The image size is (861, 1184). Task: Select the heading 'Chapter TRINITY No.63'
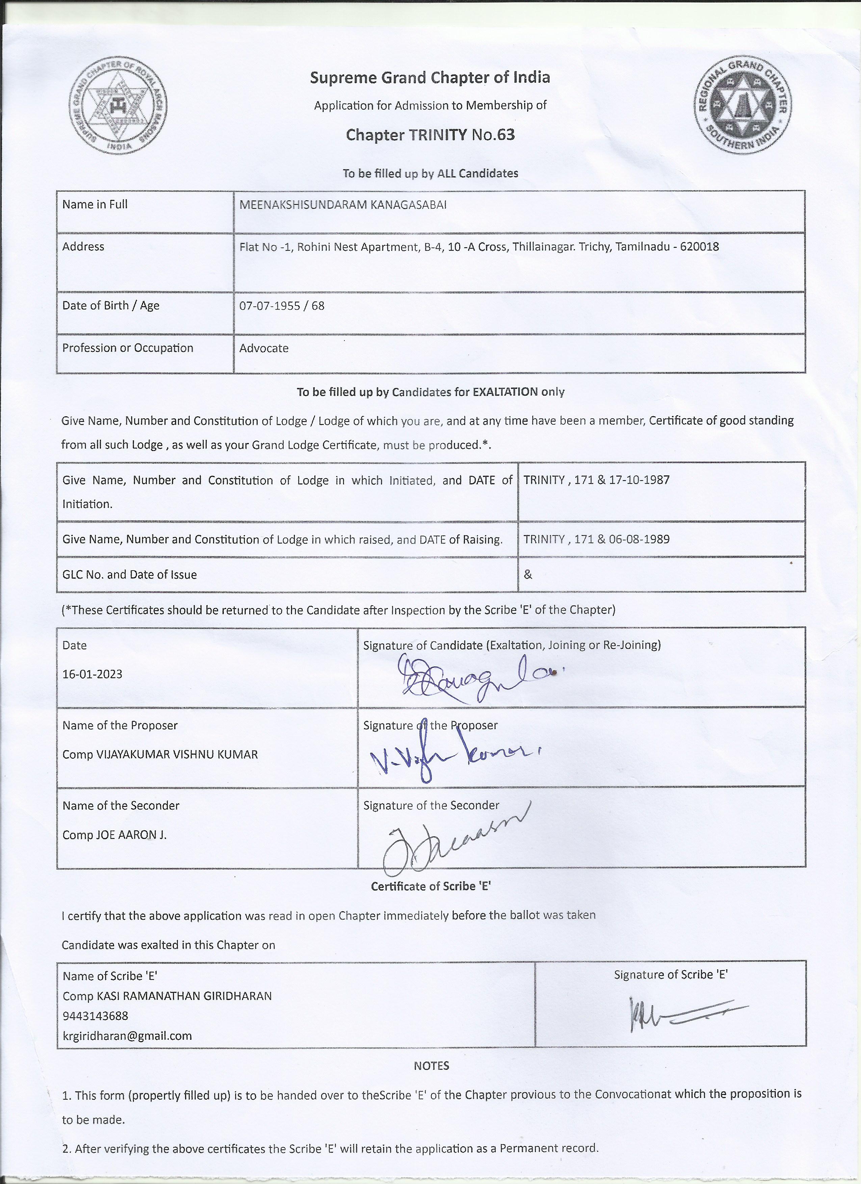point(430,135)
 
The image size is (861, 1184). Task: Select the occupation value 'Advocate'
point(264,348)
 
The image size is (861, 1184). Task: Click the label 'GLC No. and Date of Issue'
point(130,574)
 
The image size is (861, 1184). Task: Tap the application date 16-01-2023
point(93,674)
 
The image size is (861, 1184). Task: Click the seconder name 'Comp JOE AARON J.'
point(114,835)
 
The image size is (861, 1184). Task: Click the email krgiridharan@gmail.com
point(127,1036)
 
